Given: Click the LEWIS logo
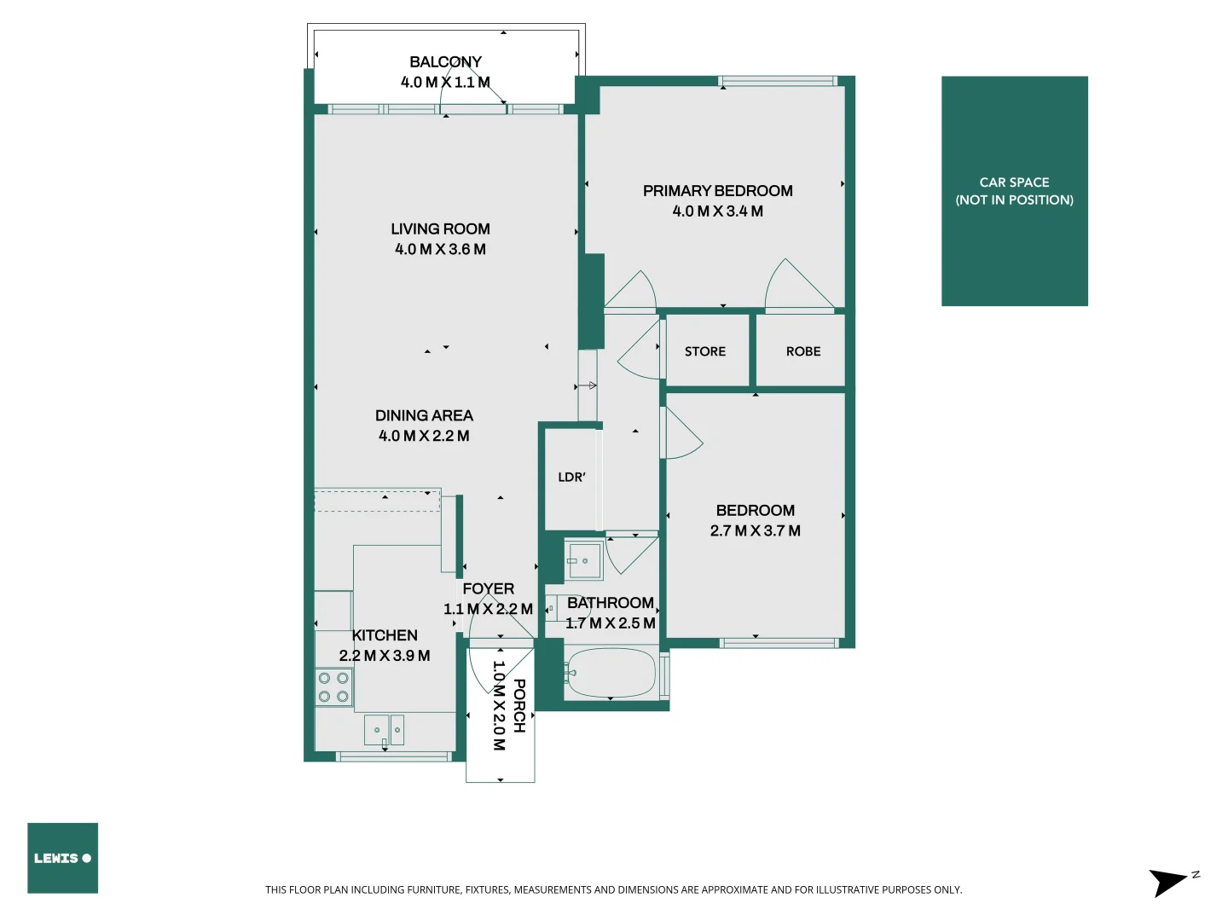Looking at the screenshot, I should click(x=62, y=858).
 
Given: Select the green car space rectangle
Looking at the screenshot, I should click(x=1014, y=191).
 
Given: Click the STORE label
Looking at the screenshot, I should click(x=705, y=351).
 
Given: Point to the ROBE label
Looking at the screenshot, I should click(x=803, y=351).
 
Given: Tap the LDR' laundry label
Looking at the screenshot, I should click(x=571, y=478).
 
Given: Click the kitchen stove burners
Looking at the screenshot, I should click(x=333, y=687).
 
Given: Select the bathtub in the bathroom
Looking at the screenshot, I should click(x=611, y=673).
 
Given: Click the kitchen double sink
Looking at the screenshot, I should click(x=385, y=730).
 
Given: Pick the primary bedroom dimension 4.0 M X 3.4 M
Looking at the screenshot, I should click(x=717, y=211).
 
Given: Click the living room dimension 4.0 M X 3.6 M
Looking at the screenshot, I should click(x=440, y=249).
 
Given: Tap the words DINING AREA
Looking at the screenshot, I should click(x=424, y=415).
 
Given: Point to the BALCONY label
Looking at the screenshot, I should click(x=445, y=62).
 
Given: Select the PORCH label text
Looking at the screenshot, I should click(x=519, y=706).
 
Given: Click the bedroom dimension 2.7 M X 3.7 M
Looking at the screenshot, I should click(x=755, y=530).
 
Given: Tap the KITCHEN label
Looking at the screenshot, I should click(x=385, y=635).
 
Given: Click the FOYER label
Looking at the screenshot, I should click(x=488, y=588).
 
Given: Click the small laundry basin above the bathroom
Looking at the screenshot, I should click(x=584, y=560).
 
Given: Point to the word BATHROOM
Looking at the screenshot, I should click(x=611, y=603).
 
